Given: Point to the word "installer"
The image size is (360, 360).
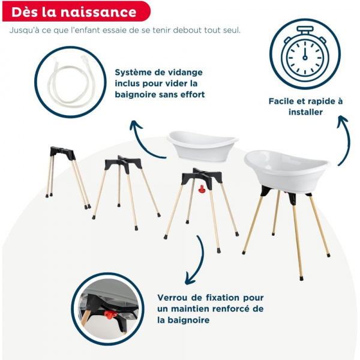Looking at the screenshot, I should [305, 112].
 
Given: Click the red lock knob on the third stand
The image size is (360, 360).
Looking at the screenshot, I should [202, 190].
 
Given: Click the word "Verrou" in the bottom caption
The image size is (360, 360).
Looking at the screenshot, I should [173, 298].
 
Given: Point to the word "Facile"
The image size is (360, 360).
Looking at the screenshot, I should [283, 101].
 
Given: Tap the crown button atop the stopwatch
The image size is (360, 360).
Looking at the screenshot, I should [304, 28].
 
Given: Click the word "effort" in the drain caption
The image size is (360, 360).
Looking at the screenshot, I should [191, 94].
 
